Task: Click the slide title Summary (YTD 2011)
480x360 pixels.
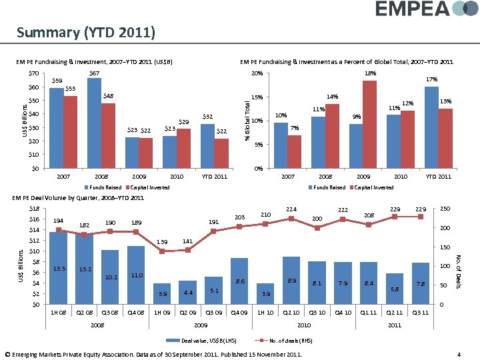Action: click(x=86, y=32)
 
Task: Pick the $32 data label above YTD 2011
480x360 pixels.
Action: click(x=207, y=117)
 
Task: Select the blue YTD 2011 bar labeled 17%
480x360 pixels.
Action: click(x=431, y=127)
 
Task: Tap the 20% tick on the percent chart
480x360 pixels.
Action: click(x=257, y=73)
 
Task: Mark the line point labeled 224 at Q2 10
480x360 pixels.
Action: click(x=291, y=219)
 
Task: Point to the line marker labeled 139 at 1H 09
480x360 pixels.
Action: click(x=162, y=251)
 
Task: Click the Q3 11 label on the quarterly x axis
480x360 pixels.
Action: click(x=421, y=313)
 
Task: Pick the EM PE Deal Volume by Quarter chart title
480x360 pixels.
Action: click(x=79, y=198)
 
